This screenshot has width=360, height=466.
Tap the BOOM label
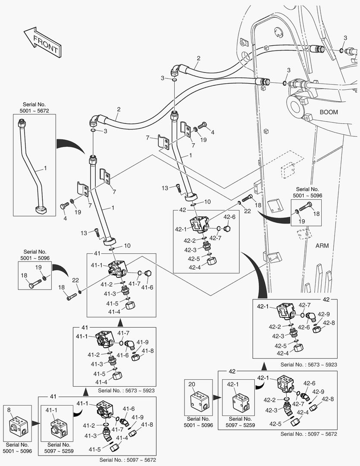click(329, 112)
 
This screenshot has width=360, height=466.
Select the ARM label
click(322, 246)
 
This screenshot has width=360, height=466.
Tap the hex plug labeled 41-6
click(147, 273)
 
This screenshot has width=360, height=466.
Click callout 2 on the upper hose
click(198, 58)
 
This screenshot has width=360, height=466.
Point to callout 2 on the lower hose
click(118, 110)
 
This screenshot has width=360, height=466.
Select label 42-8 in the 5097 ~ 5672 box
click(329, 399)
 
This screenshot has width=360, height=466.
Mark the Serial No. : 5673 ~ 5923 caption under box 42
click(308, 365)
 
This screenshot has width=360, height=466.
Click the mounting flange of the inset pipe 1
click(42, 211)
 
